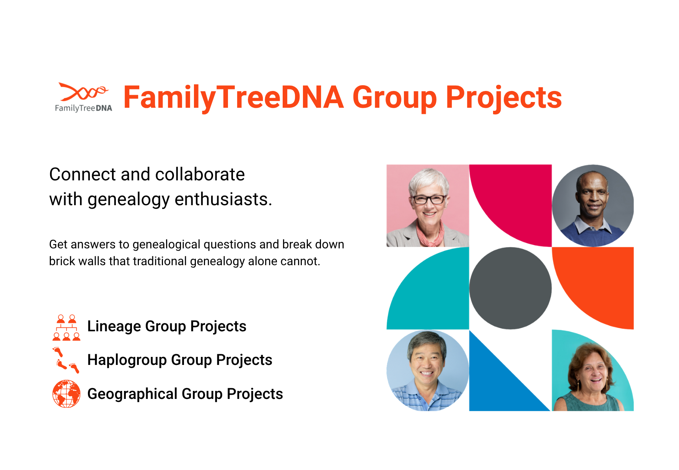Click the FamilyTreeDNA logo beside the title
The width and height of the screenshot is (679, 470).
pyautogui.click(x=83, y=97)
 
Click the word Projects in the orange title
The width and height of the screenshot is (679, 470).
pyautogui.click(x=503, y=98)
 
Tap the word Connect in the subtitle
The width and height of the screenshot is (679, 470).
pyautogui.click(x=83, y=174)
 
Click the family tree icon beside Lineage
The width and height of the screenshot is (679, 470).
pyautogui.click(x=67, y=327)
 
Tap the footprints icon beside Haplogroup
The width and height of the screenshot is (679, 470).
pyautogui.click(x=66, y=360)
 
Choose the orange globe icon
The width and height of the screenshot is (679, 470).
pyautogui.click(x=67, y=394)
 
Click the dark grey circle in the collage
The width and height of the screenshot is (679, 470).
pyautogui.click(x=510, y=288)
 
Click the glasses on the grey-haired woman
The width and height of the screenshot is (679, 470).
pyautogui.click(x=429, y=199)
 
